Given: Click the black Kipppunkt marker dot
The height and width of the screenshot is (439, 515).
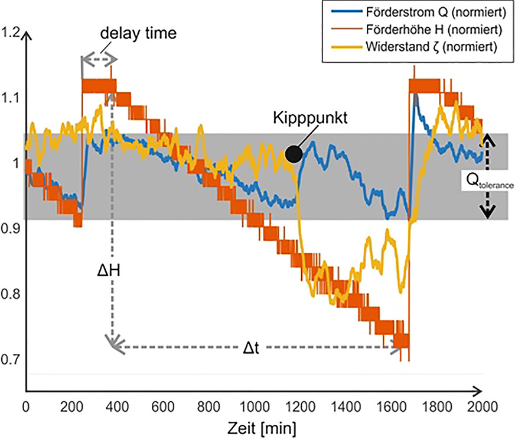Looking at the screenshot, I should point(294,154).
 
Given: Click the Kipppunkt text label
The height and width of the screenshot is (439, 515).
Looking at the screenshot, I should point(311,117).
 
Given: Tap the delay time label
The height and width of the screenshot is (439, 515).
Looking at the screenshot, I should point(138,33).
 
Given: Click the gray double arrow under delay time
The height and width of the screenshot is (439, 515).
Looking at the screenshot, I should point(99,59).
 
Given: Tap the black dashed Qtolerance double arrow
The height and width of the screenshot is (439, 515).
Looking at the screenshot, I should point(488,175).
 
